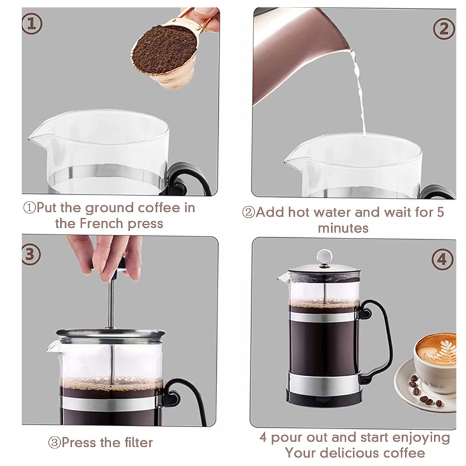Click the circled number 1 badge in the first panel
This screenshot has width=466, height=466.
(32, 24)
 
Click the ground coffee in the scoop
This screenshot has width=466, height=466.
(164, 50)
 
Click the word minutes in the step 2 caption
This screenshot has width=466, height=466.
(343, 228)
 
